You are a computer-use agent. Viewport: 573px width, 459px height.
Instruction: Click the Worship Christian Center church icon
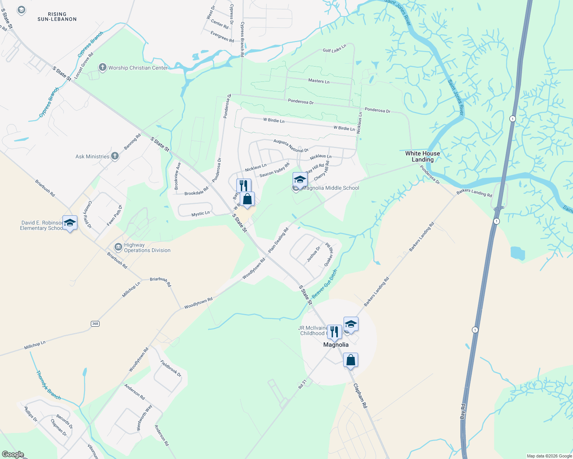tap(102, 68)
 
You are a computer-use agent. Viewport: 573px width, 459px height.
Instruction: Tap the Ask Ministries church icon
tap(115, 156)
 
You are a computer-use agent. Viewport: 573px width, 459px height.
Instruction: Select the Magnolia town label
tap(336, 345)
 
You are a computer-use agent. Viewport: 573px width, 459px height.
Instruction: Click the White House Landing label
tap(422, 156)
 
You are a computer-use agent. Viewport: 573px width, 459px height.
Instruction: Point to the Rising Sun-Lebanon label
tap(57, 16)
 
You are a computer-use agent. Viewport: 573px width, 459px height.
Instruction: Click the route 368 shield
tap(95, 324)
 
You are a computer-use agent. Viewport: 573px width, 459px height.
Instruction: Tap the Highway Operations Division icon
tap(118, 247)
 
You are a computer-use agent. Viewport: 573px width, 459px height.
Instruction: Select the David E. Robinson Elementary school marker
tap(70, 223)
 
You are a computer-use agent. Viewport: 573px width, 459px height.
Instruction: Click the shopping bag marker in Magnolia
tap(350, 360)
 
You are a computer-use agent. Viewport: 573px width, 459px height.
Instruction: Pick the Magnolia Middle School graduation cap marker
tap(300, 179)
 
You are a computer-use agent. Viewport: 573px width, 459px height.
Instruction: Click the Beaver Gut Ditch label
tap(324, 284)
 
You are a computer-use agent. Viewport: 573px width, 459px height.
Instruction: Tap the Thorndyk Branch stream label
tap(48, 385)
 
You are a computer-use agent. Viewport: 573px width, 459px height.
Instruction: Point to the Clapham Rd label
tap(360, 396)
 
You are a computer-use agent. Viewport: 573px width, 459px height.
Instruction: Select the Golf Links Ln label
tap(334, 48)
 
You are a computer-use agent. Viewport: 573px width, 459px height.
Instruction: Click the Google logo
tap(13, 454)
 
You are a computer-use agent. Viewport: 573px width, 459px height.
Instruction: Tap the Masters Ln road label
tap(319, 81)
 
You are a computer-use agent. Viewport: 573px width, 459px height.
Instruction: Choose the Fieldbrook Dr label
tap(170, 368)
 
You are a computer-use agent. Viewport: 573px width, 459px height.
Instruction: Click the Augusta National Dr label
tap(291, 145)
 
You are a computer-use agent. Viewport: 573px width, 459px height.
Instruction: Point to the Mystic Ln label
tap(200, 214)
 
